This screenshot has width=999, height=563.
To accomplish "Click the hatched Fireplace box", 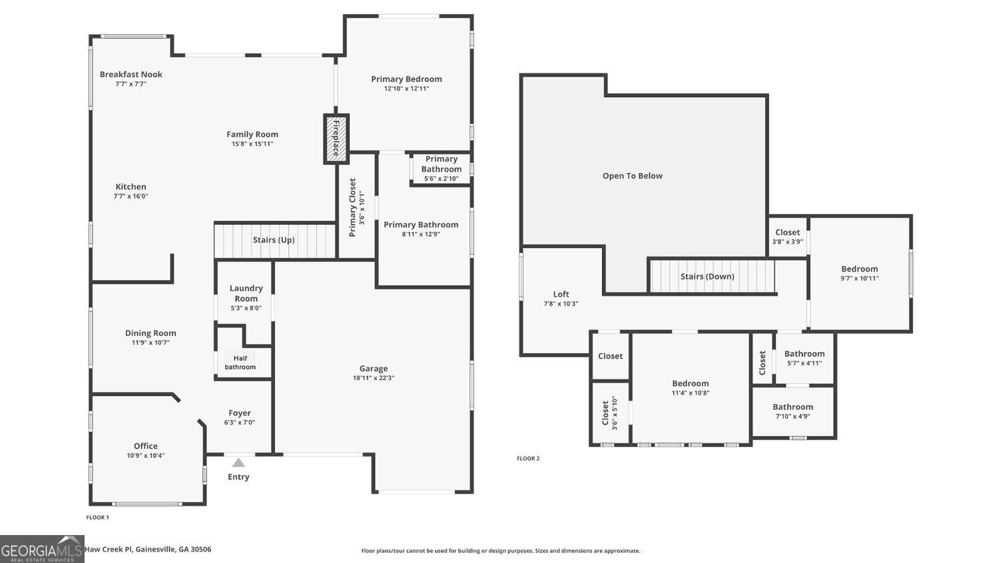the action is tap(336, 138).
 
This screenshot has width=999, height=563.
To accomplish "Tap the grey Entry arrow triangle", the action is tap(238, 463).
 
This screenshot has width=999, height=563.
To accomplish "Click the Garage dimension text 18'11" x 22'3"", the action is tap(374, 378).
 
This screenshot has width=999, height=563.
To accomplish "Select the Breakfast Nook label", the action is tap(131, 75).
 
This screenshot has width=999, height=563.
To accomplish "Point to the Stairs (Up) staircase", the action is tap(274, 240).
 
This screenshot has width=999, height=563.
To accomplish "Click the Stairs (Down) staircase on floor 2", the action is tap(712, 276).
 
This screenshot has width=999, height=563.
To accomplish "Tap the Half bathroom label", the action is tap(240, 363).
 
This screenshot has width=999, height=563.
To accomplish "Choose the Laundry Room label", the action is tap(246, 293).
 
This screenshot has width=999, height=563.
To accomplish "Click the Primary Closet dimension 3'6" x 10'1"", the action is tap(362, 208).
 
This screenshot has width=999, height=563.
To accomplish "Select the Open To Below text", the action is tap(633, 176).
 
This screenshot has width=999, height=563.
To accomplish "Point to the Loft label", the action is tap(561, 294).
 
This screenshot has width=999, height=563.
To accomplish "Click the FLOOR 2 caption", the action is tap(528, 459).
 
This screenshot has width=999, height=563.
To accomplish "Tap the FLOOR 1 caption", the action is tap(97, 517).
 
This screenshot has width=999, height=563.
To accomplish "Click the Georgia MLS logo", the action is tap(42, 549).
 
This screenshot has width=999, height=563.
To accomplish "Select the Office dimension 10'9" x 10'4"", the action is tap(146, 456).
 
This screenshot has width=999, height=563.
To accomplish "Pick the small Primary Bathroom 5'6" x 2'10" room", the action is tap(441, 169).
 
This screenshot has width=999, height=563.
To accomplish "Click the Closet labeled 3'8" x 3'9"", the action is tap(788, 237).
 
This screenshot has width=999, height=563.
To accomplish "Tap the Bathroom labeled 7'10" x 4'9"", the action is tap(793, 411).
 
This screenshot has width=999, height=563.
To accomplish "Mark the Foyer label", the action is tap(240, 413).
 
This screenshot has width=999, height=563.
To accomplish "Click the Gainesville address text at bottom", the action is tap(148, 549).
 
